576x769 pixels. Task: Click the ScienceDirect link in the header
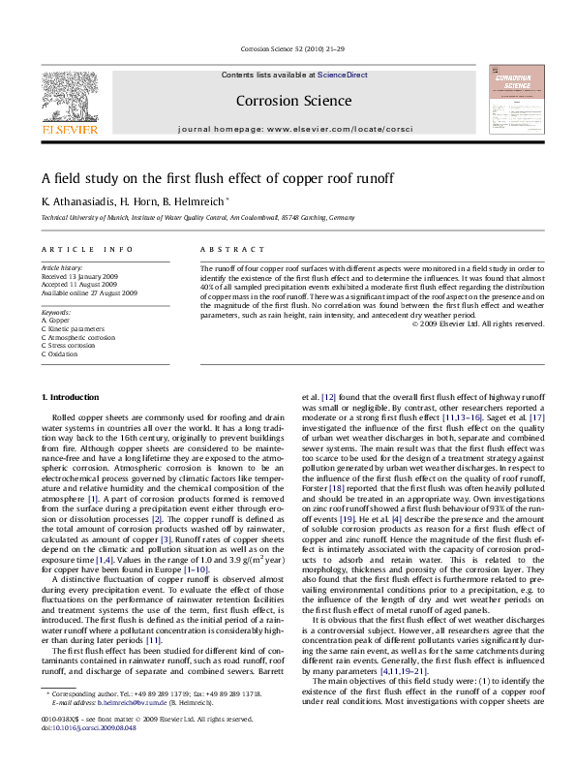342,75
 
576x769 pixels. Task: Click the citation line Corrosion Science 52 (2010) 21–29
287,47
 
